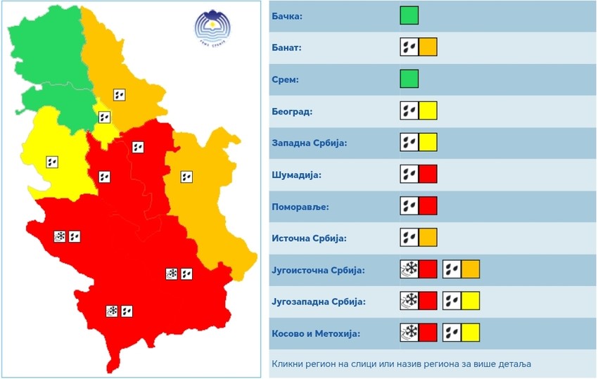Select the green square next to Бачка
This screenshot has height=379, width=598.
point(409,15)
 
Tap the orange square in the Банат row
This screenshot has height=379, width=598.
point(428,47)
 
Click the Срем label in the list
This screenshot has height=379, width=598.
point(285,79)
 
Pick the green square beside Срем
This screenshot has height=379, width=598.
point(409,79)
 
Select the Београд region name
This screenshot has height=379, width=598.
point(292,111)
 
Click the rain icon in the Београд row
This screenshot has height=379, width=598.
point(409,110)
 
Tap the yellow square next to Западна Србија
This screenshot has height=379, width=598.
point(428,142)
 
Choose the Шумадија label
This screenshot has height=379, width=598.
point(296,174)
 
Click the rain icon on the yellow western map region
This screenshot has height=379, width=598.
point(51,162)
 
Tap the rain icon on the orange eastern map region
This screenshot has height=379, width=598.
point(186,177)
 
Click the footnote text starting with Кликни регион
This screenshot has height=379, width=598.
point(402,364)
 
